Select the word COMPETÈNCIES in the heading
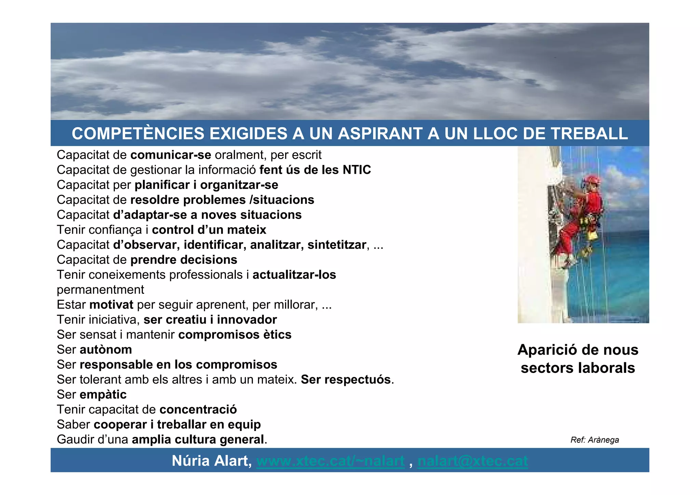pyautogui.click(x=138, y=133)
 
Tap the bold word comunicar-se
pyautogui.click(x=171, y=155)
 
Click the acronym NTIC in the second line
pyautogui.click(x=357, y=170)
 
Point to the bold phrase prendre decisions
pyautogui.click(x=184, y=260)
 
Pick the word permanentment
pyautogui.click(x=100, y=290)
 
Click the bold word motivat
pyautogui.click(x=111, y=305)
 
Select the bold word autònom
pyautogui.click(x=106, y=350)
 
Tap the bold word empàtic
pyautogui.click(x=103, y=394)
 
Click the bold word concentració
pyautogui.click(x=198, y=409)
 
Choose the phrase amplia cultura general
pyautogui.click(x=198, y=440)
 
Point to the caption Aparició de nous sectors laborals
pyautogui.click(x=578, y=359)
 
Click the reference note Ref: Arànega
pyautogui.click(x=594, y=440)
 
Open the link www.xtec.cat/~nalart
pyautogui.click(x=330, y=461)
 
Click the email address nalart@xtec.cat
pyautogui.click(x=472, y=461)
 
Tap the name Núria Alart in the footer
pyautogui.click(x=212, y=461)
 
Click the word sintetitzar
pyautogui.click(x=337, y=245)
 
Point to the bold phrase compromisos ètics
pyautogui.click(x=235, y=335)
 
